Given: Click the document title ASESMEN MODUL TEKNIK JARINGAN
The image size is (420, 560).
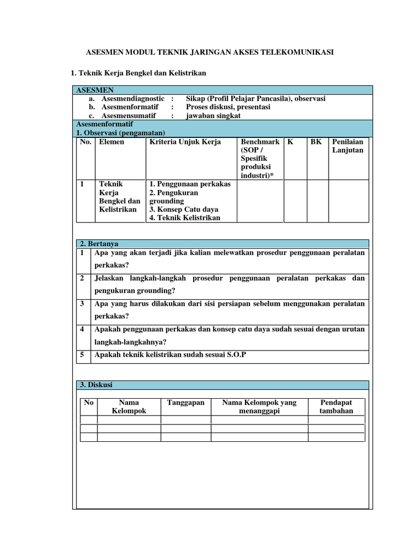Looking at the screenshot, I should [210, 52].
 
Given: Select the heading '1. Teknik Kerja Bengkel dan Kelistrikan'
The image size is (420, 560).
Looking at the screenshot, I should [139, 73].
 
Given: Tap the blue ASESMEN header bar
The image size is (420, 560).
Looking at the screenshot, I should [223, 90].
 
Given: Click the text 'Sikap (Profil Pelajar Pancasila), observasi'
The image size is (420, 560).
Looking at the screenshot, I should [255, 98].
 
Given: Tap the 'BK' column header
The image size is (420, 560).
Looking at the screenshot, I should [316, 142].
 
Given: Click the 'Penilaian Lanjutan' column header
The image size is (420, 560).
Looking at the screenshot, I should [347, 146].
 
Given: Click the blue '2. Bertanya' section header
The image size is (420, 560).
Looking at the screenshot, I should [223, 244].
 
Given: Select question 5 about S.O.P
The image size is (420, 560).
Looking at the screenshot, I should [170, 355].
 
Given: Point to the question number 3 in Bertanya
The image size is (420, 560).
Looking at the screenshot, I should [81, 304].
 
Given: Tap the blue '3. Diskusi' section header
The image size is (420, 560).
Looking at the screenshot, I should [223, 385].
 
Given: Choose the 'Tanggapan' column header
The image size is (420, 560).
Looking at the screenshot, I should [185, 402].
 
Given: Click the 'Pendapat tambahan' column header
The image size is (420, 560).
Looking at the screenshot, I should [336, 406].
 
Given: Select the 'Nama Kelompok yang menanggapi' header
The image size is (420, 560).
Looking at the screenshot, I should [259, 406].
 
